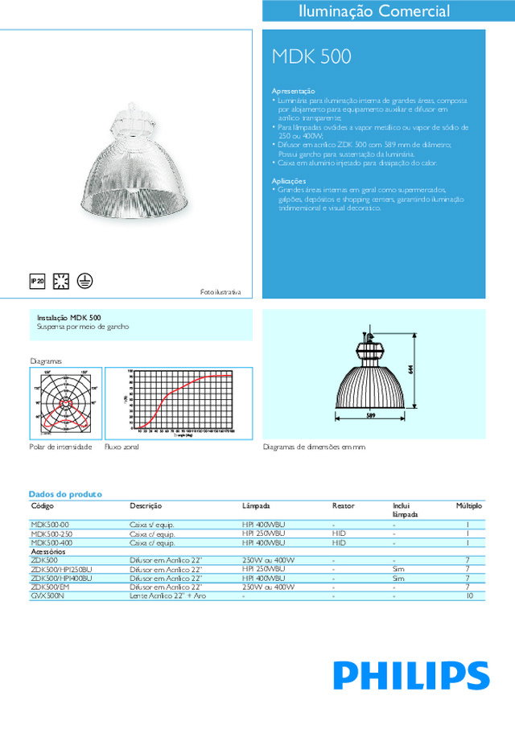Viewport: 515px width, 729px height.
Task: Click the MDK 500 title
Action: (311, 56)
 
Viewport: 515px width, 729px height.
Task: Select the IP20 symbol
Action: (36, 281)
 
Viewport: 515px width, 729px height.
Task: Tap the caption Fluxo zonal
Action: (122, 447)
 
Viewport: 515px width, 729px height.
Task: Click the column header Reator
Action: (343, 506)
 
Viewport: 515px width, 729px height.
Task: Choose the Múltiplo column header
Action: (468, 506)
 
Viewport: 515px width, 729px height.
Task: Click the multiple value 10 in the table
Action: (468, 596)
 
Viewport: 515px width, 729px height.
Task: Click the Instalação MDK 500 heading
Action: (69, 318)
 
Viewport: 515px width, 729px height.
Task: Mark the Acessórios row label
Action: (47, 552)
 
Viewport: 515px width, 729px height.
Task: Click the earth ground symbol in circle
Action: (84, 281)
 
